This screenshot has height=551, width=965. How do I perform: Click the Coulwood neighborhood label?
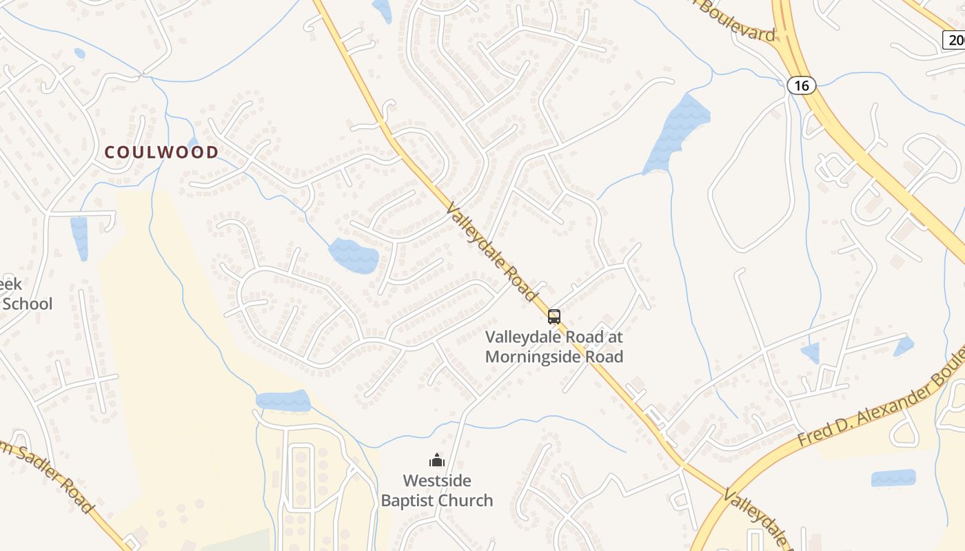pyautogui.click(x=161, y=152)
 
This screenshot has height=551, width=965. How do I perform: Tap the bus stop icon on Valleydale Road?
pyautogui.click(x=553, y=317)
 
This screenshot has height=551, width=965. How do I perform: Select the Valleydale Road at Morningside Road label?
pyautogui.click(x=553, y=346)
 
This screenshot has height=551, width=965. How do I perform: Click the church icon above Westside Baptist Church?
pyautogui.click(x=436, y=460)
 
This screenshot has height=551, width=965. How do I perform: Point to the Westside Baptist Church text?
pyautogui.click(x=437, y=490)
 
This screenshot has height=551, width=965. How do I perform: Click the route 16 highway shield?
pyautogui.click(x=801, y=85)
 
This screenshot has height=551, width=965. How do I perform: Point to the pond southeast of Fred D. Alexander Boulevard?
pyautogui.click(x=893, y=478)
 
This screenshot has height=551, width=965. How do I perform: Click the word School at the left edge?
pyautogui.click(x=26, y=304)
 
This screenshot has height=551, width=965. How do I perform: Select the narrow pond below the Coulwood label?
pyautogui.click(x=79, y=238)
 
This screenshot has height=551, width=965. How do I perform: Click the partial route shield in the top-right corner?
pyautogui.click(x=955, y=40)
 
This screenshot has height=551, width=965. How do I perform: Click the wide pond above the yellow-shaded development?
pyautogui.click(x=283, y=401)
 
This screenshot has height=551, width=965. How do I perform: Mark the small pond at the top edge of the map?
pyautogui.click(x=381, y=10)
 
